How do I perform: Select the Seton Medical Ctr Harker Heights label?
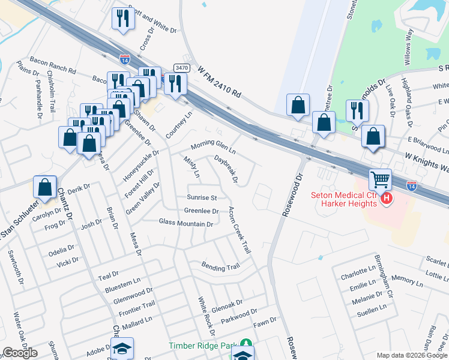coord(344,199)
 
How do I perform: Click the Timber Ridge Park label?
coord(203,345)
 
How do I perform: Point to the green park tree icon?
coord(245,344)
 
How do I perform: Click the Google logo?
coord(20,353)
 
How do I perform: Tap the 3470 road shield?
coord(181,68)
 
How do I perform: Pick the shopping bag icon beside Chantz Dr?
coord(45,187)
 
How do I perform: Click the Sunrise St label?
coord(201,197)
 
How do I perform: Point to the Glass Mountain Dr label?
coord(186,223)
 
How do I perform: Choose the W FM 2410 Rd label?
coord(219,82)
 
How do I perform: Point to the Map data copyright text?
coord(411,355)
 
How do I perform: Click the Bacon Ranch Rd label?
coord(55,70)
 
